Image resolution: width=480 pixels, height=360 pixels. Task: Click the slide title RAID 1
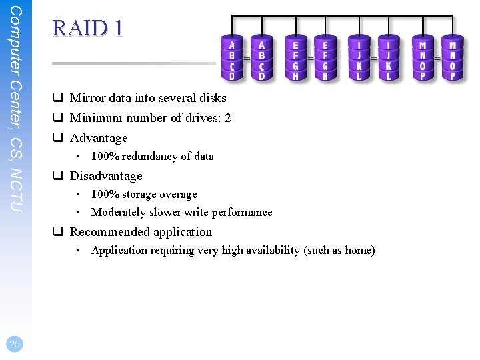[x=87, y=29]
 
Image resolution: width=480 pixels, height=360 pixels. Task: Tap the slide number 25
[x=15, y=344]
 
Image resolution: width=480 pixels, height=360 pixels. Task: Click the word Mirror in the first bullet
[x=88, y=98]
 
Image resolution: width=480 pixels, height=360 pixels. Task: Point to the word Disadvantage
[x=106, y=176]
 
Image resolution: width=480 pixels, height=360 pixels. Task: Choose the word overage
[x=177, y=195]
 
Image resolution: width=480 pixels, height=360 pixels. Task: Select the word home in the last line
[x=359, y=251]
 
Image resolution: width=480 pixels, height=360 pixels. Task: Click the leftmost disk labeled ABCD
[x=231, y=58]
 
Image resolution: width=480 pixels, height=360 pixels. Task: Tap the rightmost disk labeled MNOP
[x=452, y=58]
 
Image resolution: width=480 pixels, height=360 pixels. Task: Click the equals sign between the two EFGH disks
[x=311, y=59]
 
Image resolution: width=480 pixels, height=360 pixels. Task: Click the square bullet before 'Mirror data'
[x=59, y=98]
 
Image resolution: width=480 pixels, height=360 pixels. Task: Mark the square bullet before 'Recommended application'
[x=59, y=232]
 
